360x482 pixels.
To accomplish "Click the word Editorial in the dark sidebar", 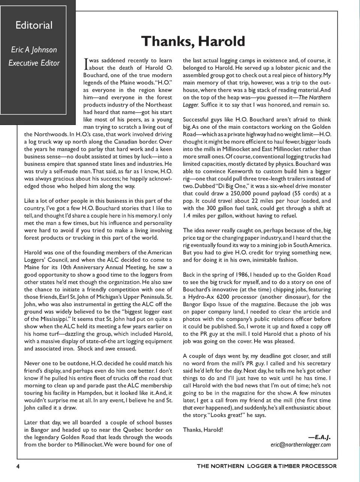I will click(34, 26).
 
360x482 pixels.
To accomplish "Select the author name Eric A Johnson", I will click(34, 50).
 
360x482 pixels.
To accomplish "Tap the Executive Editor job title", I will click(34, 63).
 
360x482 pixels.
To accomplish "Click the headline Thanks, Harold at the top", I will click(193, 41).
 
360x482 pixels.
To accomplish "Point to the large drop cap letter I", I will click(86, 64).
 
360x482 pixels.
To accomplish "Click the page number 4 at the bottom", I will click(18, 466).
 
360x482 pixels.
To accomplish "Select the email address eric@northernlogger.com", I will click(300, 445).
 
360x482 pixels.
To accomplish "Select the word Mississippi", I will click(53, 319).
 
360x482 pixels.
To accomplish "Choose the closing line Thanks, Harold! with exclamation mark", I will click(203, 430).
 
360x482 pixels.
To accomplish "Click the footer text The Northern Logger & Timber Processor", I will click(267, 466).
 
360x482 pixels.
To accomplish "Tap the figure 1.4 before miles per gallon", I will click(187, 215).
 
